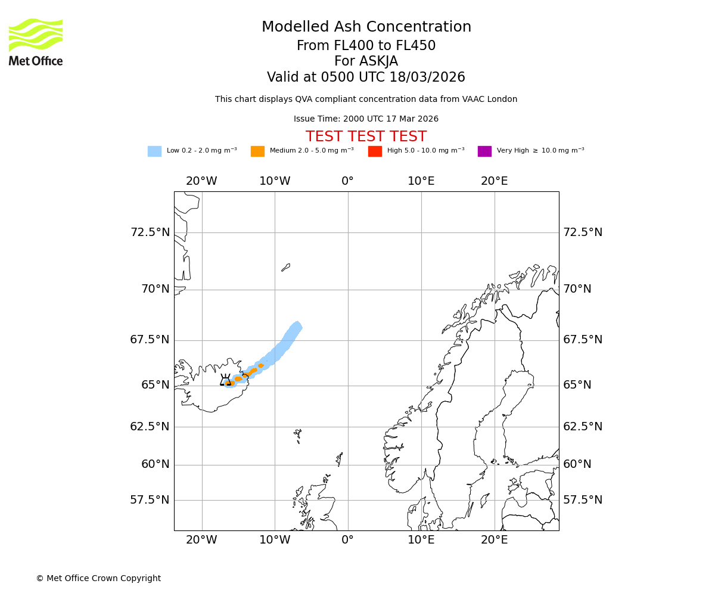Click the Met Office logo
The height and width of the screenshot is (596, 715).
[36, 42]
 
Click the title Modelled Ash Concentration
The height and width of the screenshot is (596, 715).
[366, 27]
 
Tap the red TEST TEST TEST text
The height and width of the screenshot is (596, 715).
[366, 137]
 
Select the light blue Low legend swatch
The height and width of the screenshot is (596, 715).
[154, 151]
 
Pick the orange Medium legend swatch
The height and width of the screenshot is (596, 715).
[257, 151]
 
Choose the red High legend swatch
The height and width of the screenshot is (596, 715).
[375, 151]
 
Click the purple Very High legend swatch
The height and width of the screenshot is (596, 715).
[484, 151]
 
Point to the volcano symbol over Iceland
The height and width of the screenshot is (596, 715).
[225, 380]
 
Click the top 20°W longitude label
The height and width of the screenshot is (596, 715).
[201, 181]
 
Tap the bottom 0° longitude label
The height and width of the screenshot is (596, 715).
[348, 540]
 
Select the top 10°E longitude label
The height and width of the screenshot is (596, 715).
[421, 181]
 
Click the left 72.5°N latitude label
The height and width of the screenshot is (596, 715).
[150, 232]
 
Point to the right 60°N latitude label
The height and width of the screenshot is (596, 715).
[577, 464]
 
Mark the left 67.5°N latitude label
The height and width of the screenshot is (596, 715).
[150, 340]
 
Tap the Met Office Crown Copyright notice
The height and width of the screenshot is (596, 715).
[98, 578]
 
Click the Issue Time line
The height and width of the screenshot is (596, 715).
[366, 119]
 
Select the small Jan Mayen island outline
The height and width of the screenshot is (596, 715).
[285, 268]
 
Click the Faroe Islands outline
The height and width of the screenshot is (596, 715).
[297, 435]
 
